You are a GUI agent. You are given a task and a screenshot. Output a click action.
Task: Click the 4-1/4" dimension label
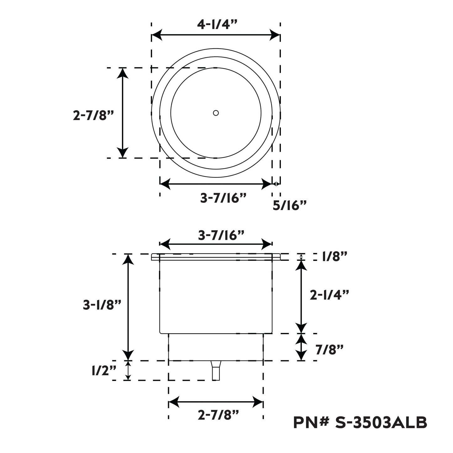coord(218,24)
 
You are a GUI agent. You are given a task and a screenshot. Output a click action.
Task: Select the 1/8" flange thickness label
coord(334,256)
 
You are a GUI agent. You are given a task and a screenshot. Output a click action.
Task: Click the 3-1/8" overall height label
coord(102,305)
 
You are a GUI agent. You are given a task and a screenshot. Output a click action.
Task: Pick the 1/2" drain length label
coord(104,371)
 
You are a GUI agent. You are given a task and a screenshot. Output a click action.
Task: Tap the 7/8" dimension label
coord(329,350)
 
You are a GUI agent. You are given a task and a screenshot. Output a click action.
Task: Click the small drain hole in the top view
coord(216,113)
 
